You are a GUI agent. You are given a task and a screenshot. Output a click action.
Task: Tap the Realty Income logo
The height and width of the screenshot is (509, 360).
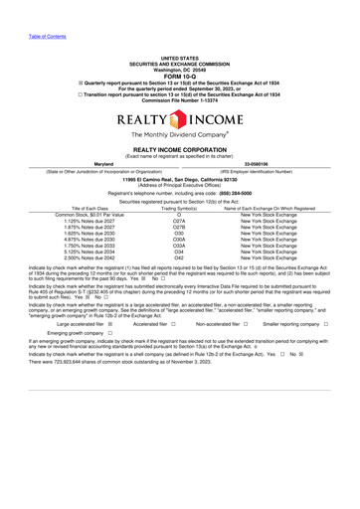(179, 119)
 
